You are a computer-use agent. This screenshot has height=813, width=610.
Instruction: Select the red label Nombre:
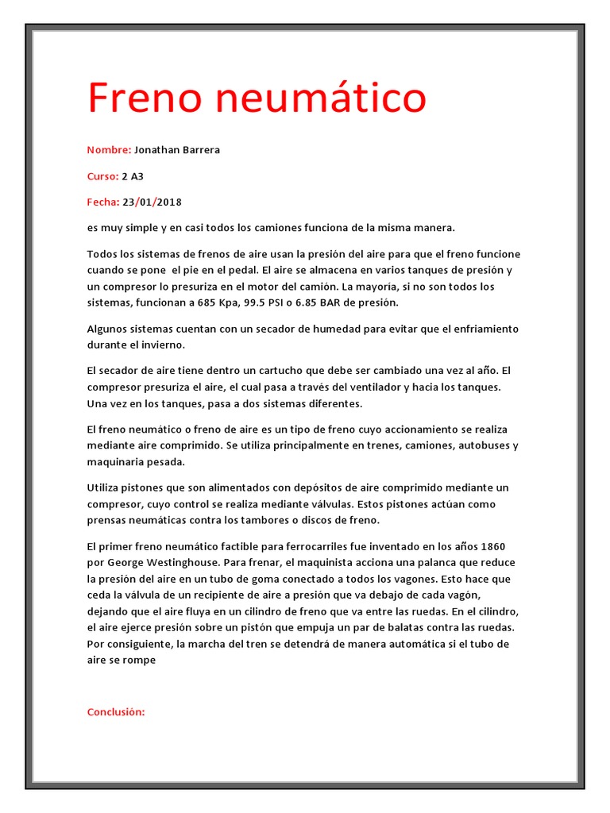(x=109, y=149)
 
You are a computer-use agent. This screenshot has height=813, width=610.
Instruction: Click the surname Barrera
(x=202, y=149)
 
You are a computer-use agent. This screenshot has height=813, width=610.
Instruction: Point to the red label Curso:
(x=102, y=175)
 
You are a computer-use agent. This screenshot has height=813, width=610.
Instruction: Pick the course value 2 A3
(x=133, y=175)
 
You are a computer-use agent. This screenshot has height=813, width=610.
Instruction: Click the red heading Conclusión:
(x=116, y=689)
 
